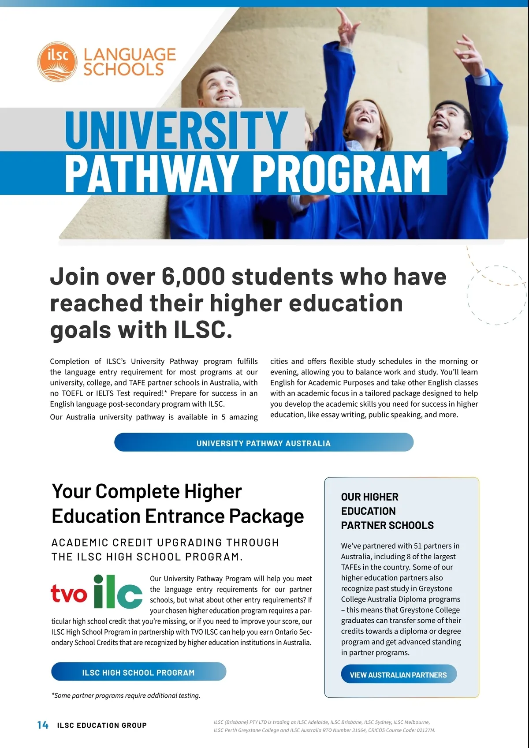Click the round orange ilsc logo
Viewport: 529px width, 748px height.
click(57, 62)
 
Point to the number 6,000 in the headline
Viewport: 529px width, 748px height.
click(193, 277)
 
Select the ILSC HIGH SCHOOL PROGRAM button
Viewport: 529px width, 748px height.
click(138, 672)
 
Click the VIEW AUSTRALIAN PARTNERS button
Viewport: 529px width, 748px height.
click(399, 675)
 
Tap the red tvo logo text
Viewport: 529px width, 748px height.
click(69, 593)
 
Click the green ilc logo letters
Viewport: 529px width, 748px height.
click(118, 592)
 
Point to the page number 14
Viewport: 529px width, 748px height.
click(43, 725)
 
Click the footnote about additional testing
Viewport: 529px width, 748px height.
click(126, 696)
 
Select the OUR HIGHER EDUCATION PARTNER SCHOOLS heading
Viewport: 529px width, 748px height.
click(387, 511)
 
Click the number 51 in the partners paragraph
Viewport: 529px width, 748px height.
click(418, 546)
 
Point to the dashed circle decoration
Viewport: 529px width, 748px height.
click(496, 295)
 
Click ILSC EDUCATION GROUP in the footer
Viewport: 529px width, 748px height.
click(102, 726)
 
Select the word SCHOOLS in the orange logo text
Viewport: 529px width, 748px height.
click(123, 70)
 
